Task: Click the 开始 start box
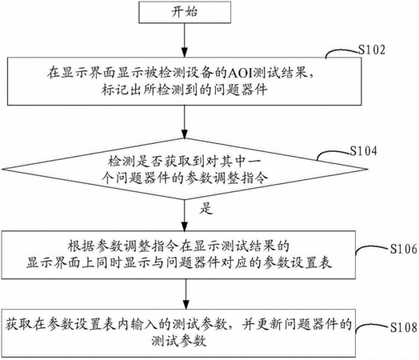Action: pyautogui.click(x=185, y=12)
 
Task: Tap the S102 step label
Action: pyautogui.click(x=372, y=50)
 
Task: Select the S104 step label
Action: pyautogui.click(x=364, y=151)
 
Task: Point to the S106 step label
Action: pyautogui.click(x=404, y=249)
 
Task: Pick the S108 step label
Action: pyautogui.click(x=404, y=327)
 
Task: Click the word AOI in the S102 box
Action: pyautogui.click(x=240, y=73)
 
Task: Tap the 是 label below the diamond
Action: pyautogui.click(x=206, y=208)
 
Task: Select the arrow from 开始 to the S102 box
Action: pyautogui.click(x=185, y=40)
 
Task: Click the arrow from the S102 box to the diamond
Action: pyautogui.click(x=185, y=122)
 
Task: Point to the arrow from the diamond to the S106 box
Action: pyautogui.click(x=185, y=215)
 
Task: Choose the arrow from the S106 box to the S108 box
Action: pyautogui.click(x=186, y=294)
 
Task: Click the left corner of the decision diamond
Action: pyautogui.click(x=2, y=169)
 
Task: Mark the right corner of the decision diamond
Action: pyautogui.click(x=368, y=169)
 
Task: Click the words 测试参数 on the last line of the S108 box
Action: pyautogui.click(x=179, y=341)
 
